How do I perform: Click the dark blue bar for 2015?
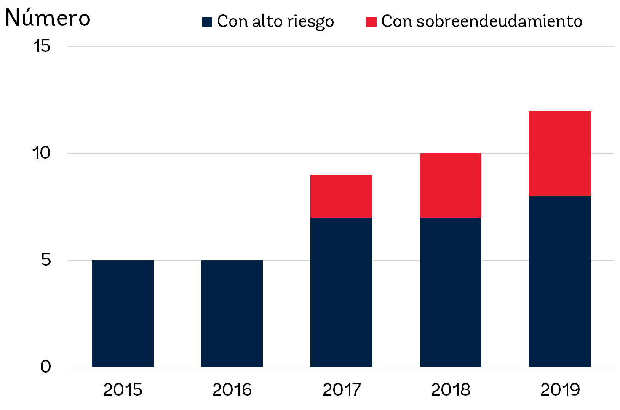tap(123, 314)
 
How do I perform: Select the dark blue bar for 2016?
tap(232, 314)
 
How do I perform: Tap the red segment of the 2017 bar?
tap(341, 196)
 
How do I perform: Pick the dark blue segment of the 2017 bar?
tap(341, 292)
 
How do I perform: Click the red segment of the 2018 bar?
tap(451, 186)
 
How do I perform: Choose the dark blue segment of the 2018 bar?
tap(451, 292)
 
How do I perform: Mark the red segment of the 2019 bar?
tap(560, 154)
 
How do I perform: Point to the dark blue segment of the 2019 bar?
tap(560, 282)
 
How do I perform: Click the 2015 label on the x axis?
tap(123, 390)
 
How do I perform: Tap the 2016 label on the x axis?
tap(232, 390)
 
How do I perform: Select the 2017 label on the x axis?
tap(341, 390)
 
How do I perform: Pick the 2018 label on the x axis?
tap(451, 390)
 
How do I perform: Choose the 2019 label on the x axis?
tap(560, 390)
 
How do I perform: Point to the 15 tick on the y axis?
tap(42, 46)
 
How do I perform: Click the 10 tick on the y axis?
tap(42, 153)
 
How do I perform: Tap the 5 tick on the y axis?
tap(46, 260)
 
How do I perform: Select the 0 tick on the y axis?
tap(45, 367)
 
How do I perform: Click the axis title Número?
tap(48, 18)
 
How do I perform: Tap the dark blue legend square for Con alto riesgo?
tap(207, 22)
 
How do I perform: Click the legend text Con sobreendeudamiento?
tap(481, 21)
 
